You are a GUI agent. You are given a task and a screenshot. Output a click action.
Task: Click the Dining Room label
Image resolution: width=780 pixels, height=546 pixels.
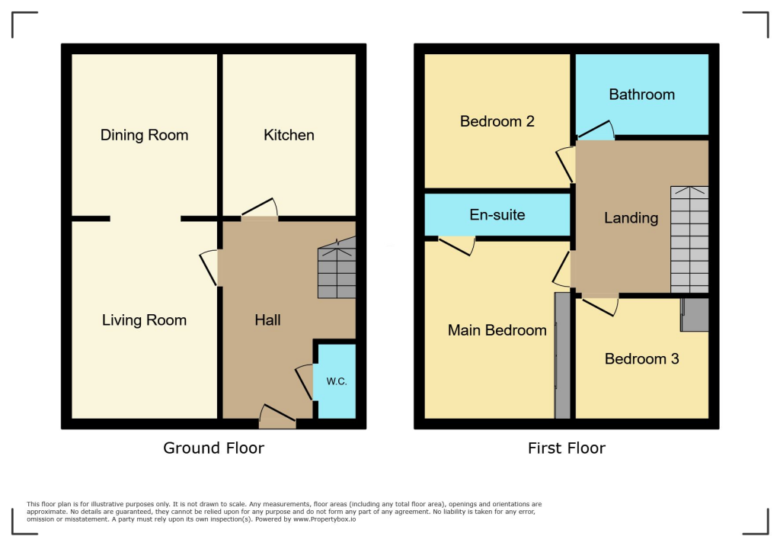[144, 135]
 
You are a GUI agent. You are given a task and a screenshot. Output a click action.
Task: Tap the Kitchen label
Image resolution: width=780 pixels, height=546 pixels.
[289, 135]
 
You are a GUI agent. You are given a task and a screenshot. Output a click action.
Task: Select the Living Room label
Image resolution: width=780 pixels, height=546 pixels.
[144, 320]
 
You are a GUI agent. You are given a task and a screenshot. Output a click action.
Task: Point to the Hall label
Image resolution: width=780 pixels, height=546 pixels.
[267, 320]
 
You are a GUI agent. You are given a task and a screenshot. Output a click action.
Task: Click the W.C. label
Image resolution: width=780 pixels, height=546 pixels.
[337, 381]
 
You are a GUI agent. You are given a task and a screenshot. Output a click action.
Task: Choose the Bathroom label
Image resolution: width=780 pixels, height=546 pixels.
[641, 95]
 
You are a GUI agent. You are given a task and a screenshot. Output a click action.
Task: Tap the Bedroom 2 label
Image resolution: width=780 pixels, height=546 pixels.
[497, 121]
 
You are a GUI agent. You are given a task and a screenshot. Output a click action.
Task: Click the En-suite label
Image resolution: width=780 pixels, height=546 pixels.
[497, 215]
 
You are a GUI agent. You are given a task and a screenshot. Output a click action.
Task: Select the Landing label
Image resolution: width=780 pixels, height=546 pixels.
[631, 218]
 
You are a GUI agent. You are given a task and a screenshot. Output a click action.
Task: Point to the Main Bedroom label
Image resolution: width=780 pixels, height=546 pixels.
[497, 330]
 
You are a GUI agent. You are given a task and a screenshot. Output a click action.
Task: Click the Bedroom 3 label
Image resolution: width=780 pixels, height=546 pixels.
[641, 358]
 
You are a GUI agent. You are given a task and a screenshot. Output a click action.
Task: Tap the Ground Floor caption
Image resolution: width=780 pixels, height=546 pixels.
[213, 448]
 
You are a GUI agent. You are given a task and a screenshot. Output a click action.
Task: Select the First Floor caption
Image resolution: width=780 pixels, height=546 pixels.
[567, 448]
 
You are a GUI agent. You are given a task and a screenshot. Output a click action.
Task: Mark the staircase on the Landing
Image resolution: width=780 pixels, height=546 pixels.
[689, 239]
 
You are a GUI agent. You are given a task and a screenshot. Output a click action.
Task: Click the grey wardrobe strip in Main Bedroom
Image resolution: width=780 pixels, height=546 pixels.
[562, 355]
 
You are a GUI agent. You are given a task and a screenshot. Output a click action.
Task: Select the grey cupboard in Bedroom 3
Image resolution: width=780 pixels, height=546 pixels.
[695, 315]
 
